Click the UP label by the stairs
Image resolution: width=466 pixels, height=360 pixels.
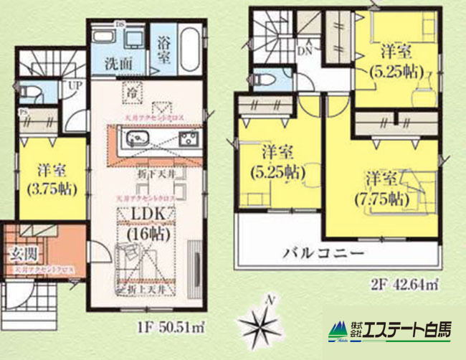[x=75, y=85]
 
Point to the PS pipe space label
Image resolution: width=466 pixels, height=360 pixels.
[x=23, y=111]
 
